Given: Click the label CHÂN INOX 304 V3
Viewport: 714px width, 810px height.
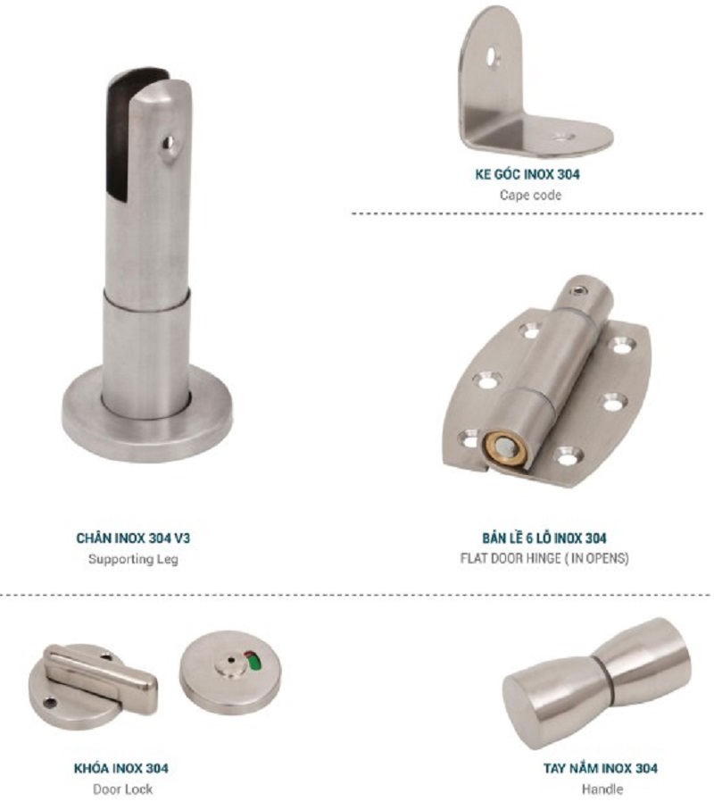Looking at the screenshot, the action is [133, 538].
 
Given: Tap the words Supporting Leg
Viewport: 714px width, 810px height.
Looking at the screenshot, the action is [133, 559].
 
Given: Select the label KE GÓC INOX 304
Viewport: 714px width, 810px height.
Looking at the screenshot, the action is [527, 174].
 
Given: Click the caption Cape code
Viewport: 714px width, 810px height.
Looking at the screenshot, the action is [530, 195].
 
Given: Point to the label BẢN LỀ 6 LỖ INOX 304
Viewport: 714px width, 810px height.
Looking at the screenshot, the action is [544, 538].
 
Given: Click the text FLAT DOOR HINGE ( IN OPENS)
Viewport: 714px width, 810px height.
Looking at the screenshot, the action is [544, 558].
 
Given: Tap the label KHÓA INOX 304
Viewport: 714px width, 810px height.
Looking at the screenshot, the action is [120, 768].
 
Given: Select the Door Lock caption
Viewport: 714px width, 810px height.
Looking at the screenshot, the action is [123, 789].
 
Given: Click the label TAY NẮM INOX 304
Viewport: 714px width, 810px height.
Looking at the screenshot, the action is [601, 768].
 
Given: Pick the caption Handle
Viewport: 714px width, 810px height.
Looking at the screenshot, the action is [602, 789].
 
